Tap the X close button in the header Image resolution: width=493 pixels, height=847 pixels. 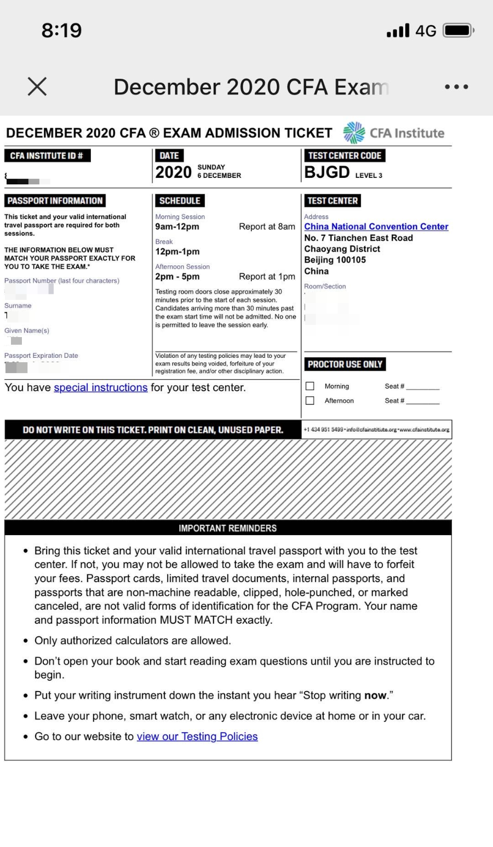37,86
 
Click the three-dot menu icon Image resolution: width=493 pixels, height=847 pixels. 456,87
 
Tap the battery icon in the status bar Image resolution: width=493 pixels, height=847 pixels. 458,30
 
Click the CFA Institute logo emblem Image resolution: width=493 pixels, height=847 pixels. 354,133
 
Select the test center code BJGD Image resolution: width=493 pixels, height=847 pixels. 327,172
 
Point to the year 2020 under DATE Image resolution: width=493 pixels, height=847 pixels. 173,172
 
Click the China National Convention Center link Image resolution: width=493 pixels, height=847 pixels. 376,227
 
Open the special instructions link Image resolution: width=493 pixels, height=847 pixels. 101,387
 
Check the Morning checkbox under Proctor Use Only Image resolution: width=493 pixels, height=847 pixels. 310,386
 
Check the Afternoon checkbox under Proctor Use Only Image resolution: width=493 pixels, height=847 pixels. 310,401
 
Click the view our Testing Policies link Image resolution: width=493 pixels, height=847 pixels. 197,736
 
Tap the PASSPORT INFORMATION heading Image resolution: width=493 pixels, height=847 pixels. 55,201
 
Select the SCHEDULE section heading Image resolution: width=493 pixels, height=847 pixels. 180,201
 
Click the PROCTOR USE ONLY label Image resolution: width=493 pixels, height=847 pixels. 345,364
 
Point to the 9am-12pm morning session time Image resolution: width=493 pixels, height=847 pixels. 177,227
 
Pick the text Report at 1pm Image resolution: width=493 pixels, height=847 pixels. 267,276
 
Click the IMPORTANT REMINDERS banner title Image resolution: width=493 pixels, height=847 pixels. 227,528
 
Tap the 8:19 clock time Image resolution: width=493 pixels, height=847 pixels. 61,30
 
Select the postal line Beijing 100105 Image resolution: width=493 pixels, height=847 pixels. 335,260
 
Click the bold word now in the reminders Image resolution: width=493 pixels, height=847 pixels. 375,695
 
